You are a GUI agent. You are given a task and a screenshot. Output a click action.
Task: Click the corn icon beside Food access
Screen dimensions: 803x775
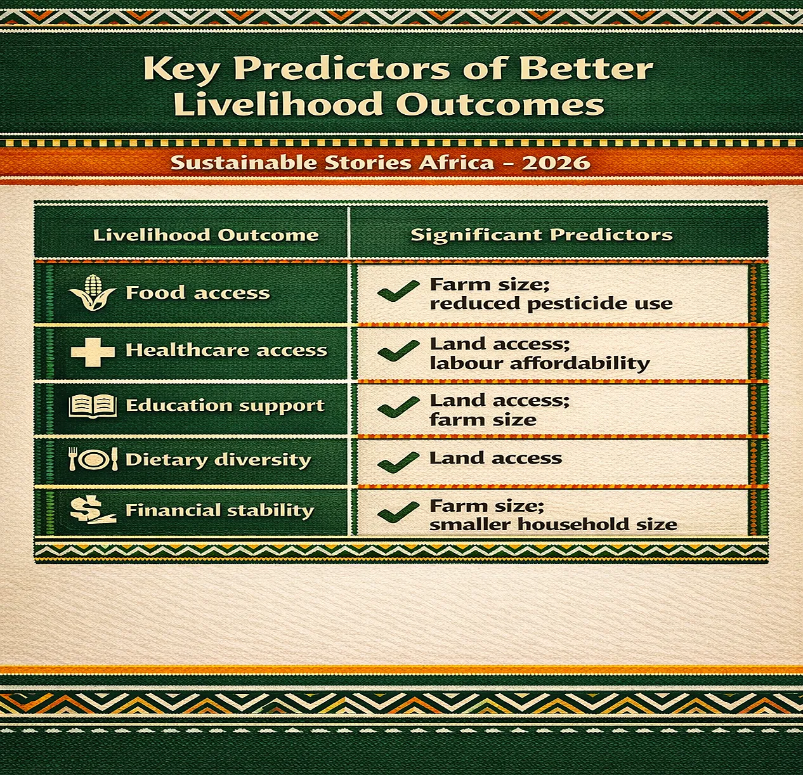pyautogui.click(x=92, y=292)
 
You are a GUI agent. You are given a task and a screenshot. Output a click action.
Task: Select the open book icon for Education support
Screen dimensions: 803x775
pyautogui.click(x=93, y=406)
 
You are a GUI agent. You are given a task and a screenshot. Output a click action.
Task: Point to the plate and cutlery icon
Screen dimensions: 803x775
pyautogui.click(x=93, y=459)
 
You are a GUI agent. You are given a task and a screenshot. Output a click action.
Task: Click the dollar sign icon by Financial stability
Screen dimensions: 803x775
pyautogui.click(x=92, y=510)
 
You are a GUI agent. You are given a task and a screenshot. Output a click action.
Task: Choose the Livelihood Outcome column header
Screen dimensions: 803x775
pyautogui.click(x=206, y=235)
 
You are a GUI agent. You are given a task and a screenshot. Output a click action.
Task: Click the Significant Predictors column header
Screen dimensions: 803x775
pyautogui.click(x=542, y=235)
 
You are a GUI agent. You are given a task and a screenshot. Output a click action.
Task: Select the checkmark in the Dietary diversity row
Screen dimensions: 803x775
pyautogui.click(x=398, y=461)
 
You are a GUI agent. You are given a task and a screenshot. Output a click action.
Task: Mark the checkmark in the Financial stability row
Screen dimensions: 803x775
pyautogui.click(x=398, y=512)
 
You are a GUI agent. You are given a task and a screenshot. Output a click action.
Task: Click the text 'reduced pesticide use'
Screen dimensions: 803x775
pyautogui.click(x=551, y=304)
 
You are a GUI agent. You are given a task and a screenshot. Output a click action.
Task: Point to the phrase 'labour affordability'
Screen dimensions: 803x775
pyautogui.click(x=540, y=363)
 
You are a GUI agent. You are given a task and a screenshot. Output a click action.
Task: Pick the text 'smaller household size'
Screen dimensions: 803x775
pyautogui.click(x=553, y=524)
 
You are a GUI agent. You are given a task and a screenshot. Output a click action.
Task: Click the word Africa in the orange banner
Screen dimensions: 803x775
pyautogui.click(x=455, y=162)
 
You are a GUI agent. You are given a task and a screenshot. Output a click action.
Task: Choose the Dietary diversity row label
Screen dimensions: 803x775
pyautogui.click(x=218, y=460)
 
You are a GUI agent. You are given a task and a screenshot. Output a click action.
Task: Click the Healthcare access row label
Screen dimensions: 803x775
pyautogui.click(x=226, y=350)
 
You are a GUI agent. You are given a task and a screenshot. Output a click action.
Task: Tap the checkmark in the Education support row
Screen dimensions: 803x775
pyautogui.click(x=398, y=407)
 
